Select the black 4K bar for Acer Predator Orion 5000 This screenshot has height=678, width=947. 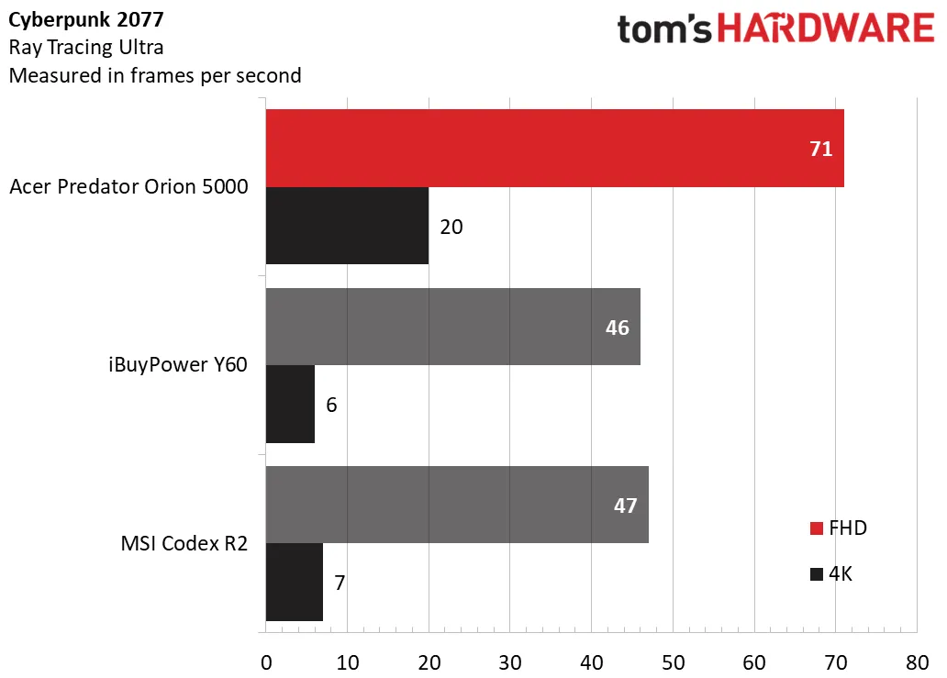(347, 226)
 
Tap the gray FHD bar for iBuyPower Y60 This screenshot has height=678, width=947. (452, 327)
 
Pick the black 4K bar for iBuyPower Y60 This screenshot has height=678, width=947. (290, 404)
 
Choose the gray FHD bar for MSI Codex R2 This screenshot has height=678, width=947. (457, 505)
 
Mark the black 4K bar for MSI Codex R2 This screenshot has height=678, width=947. (294, 582)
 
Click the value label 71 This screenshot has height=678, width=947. (820, 149)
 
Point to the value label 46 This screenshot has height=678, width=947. (617, 328)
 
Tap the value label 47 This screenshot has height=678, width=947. (625, 505)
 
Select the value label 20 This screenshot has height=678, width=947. (451, 227)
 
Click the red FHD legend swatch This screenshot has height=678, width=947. (816, 528)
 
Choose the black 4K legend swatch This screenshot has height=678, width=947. (816, 574)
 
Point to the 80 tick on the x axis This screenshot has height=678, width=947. (917, 660)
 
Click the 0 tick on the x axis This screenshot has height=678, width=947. (266, 660)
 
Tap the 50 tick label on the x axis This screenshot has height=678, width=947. (673, 660)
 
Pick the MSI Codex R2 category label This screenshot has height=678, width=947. (184, 544)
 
